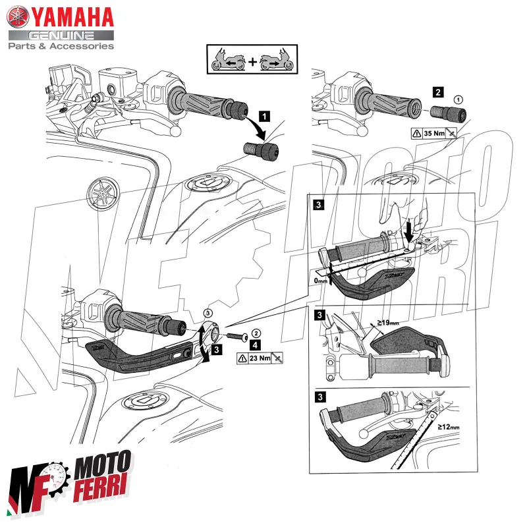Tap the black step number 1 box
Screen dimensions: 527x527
(263, 117)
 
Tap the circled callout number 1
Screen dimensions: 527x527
(459, 99)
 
